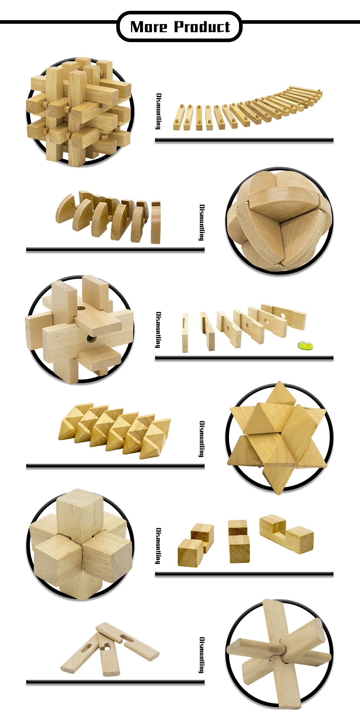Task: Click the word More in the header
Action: click(149, 27)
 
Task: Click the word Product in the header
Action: click(202, 27)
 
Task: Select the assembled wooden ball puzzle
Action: click(279, 221)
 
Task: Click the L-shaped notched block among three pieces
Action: click(287, 534)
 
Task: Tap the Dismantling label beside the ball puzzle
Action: click(202, 223)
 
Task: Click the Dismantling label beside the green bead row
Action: click(158, 329)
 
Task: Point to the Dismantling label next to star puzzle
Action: click(202, 439)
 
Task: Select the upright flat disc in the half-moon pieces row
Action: click(156, 223)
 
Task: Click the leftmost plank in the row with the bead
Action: click(185, 332)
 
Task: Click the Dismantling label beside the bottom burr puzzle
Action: click(202, 655)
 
